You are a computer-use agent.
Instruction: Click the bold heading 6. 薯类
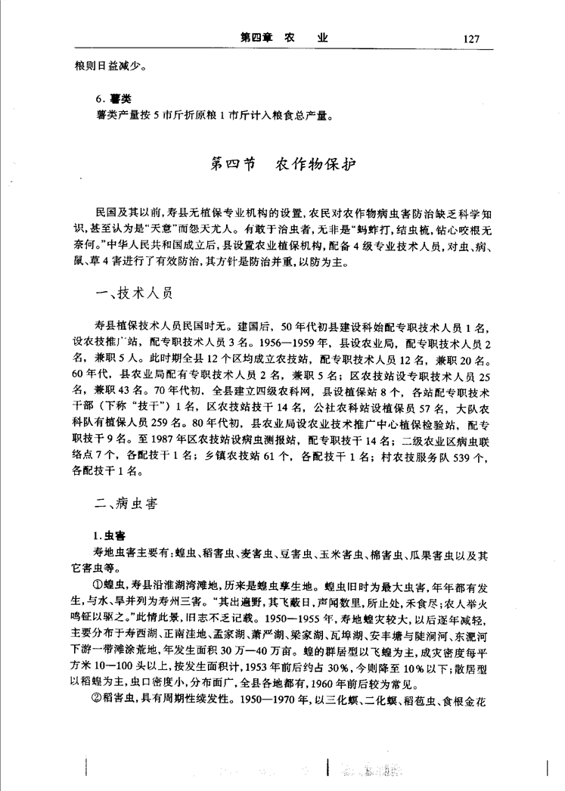(x=107, y=101)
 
